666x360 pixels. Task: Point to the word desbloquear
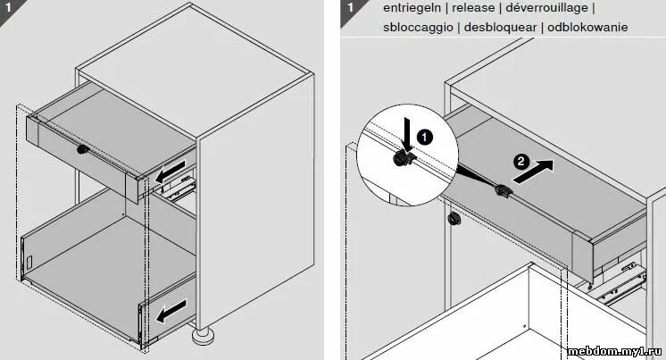[501, 27]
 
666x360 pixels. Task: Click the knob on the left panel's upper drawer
[83, 148]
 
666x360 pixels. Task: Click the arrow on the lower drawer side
[172, 311]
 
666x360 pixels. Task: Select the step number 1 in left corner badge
[7, 8]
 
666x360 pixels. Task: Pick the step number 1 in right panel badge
[351, 8]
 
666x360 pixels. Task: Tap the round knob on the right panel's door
[453, 218]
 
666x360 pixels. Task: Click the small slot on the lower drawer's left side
[30, 264]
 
